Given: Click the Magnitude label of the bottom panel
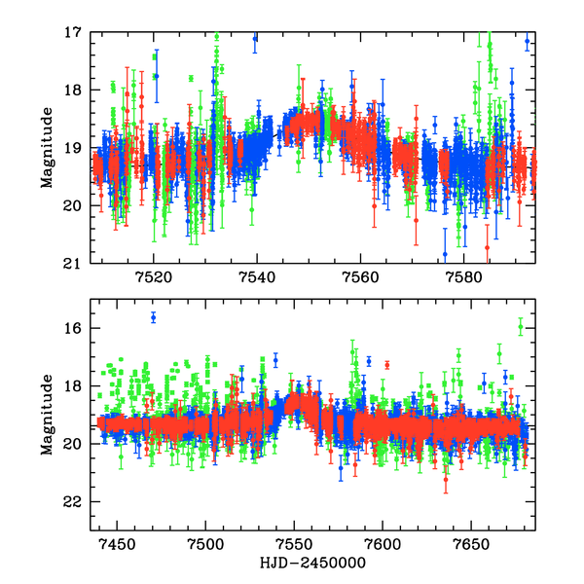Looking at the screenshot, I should coord(46,416).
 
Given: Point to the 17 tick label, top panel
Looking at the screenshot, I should coord(73,33).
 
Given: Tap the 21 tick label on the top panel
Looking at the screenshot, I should coord(73,264).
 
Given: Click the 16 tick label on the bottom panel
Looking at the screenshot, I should coord(73,329).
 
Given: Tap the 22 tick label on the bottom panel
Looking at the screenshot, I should coord(73,502).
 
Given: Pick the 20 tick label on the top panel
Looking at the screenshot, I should coord(73,206).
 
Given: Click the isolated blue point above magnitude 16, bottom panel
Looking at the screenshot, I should coord(153,317).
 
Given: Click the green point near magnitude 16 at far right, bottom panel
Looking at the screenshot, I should coord(521,327).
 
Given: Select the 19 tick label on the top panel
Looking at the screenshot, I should coord(73,149).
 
